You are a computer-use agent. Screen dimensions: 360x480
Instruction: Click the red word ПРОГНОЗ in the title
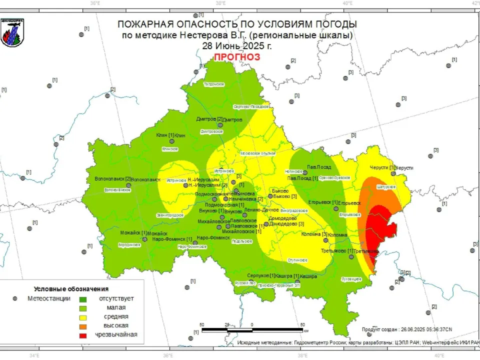click(x=237, y=57)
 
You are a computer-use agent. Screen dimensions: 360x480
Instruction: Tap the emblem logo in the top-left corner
click(x=12, y=32)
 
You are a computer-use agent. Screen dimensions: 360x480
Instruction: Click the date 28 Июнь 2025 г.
click(x=237, y=45)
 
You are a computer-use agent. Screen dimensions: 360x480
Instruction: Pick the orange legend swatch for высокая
click(x=83, y=326)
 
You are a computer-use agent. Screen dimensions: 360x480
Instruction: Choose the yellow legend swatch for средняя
click(x=83, y=317)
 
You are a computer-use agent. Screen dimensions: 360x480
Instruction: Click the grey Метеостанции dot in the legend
click(x=16, y=298)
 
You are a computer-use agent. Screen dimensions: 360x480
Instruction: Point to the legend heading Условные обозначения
click(x=71, y=289)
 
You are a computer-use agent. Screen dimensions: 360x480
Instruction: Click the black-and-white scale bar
click(x=252, y=330)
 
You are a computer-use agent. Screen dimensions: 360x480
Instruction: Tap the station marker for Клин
click(x=172, y=141)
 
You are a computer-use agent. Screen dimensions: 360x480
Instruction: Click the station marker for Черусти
click(x=393, y=173)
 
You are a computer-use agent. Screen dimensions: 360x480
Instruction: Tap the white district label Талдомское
click(x=214, y=84)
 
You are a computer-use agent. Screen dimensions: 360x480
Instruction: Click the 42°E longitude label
click(x=475, y=3)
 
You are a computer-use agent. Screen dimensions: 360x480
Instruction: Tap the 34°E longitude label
click(x=34, y=356)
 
